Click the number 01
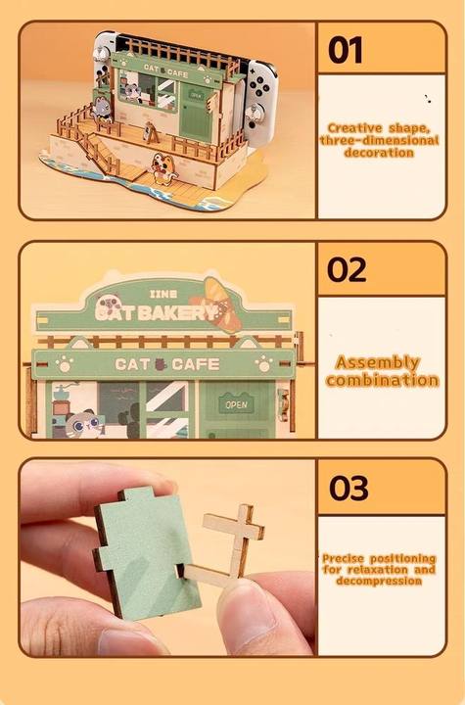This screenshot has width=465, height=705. pos(345,50)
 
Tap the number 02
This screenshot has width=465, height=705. pos(347,270)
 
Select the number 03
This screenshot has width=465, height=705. pos(349,489)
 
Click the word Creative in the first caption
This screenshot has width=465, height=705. pos(354,128)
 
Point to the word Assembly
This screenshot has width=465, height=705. pos(378,363)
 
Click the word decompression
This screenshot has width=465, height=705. pos(379,581)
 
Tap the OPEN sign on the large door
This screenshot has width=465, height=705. pos(236,404)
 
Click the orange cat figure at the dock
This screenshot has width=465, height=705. pos(163,168)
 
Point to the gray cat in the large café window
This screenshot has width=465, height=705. pos(83,424)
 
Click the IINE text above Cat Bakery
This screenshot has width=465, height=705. pos(163,294)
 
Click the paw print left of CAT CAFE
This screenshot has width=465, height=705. pos(64,363)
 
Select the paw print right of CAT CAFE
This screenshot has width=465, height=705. pos(263,363)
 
